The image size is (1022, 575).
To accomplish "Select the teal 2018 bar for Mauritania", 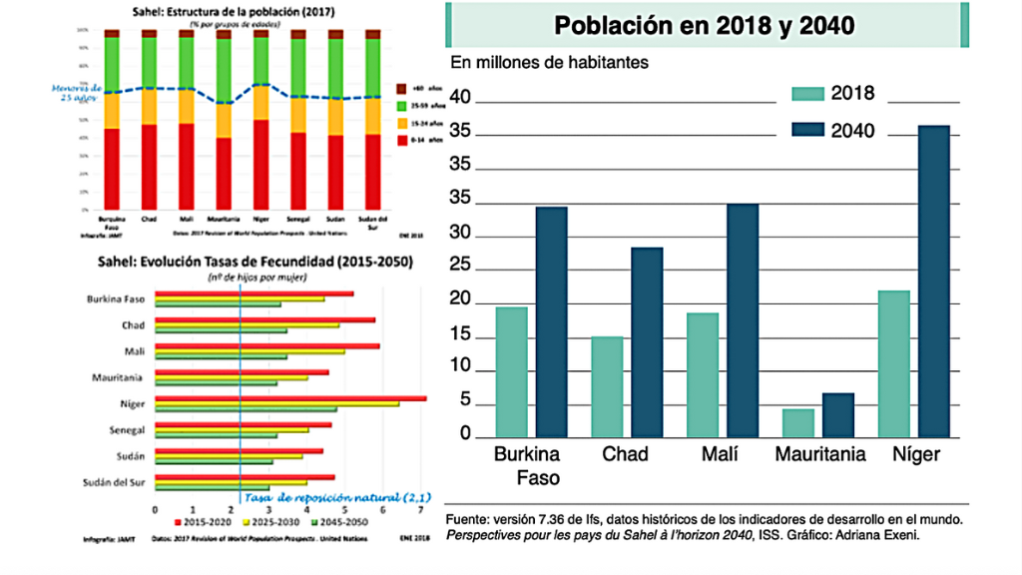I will [x=798, y=422].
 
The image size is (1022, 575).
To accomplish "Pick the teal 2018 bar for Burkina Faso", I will [x=512, y=371].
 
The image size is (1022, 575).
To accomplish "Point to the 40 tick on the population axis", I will [x=460, y=98].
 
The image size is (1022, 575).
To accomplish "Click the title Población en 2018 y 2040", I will [x=705, y=26].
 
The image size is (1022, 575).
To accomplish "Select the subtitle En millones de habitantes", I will [x=550, y=62].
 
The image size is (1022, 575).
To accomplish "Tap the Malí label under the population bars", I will [x=719, y=454].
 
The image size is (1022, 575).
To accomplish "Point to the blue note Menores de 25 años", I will [x=76, y=92].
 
